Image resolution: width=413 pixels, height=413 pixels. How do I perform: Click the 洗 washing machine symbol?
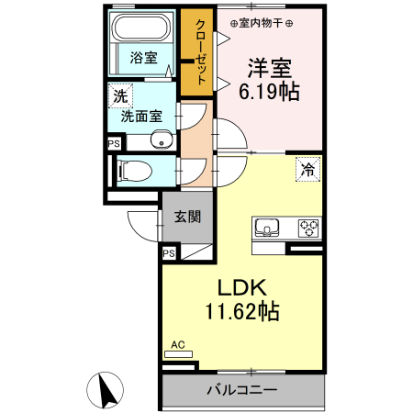(x=120, y=95)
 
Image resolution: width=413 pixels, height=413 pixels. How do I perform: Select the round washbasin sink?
(x=162, y=140)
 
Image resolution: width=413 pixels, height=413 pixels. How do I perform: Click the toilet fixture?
(x=128, y=171)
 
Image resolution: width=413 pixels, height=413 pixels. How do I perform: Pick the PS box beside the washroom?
(x=114, y=143)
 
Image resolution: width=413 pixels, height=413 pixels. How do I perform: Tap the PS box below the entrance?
(x=169, y=253)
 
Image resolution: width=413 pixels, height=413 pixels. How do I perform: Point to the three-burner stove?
(x=308, y=228)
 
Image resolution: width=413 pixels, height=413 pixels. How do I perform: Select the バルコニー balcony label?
(x=241, y=391)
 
